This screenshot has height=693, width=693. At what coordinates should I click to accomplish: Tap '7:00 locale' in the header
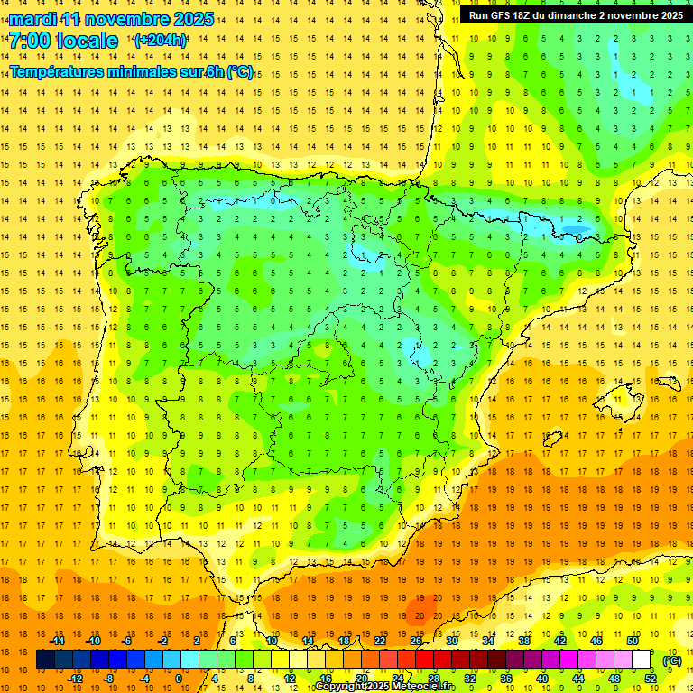click(63, 41)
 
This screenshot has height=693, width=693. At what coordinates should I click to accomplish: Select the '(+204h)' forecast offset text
click(160, 41)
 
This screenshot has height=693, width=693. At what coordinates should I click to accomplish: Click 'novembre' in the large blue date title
click(133, 19)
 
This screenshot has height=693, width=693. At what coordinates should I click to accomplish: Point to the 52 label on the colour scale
click(651, 679)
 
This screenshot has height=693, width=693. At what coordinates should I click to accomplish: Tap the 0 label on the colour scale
click(180, 679)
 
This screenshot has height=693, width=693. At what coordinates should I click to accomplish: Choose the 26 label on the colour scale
click(416, 641)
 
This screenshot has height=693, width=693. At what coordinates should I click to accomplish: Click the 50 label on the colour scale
click(633, 641)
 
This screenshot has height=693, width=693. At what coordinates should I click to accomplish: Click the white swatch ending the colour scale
click(642, 660)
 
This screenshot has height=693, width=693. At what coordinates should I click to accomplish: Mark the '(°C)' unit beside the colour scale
click(671, 661)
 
